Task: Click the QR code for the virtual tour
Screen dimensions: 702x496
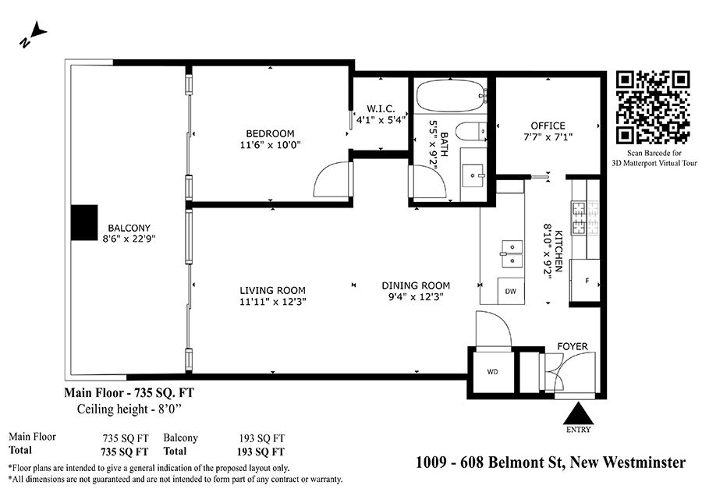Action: pyautogui.click(x=653, y=108)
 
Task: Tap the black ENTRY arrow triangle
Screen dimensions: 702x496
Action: pyautogui.click(x=579, y=413)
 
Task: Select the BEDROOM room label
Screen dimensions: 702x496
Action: pyautogui.click(x=270, y=133)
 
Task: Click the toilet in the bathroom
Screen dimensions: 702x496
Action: pyautogui.click(x=471, y=131)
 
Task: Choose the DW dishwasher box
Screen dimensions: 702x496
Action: pyautogui.click(x=510, y=291)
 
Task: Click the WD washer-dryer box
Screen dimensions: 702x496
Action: pyautogui.click(x=492, y=371)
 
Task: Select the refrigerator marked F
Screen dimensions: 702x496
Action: pyautogui.click(x=586, y=281)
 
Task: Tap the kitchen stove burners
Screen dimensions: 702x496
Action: pyautogui.click(x=585, y=218)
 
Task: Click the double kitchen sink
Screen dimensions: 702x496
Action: pyautogui.click(x=512, y=253)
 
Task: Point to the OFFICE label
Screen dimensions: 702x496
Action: pyautogui.click(x=548, y=126)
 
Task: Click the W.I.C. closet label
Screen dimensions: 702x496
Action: pyautogui.click(x=381, y=108)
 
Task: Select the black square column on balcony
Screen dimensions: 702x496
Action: pyautogui.click(x=84, y=222)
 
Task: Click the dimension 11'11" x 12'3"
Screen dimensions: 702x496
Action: pyautogui.click(x=273, y=302)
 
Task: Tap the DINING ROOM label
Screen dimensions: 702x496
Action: pyautogui.click(x=416, y=285)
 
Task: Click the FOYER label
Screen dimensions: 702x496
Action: pyautogui.click(x=573, y=346)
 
